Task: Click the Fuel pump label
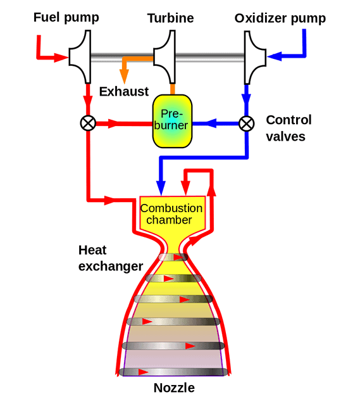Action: pos(66,18)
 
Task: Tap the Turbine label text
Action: pos(171,18)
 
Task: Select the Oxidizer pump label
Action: pos(280,18)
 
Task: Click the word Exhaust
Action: pos(124,91)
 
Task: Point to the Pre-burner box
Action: pos(172,121)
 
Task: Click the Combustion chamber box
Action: pos(172,214)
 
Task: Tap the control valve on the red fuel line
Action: pos(88,123)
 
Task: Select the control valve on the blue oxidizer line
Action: pos(247,123)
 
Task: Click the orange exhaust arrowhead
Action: pos(124,77)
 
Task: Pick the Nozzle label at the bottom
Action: pos(174,388)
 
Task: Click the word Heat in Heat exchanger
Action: pos(92,250)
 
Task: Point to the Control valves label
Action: pos(289,128)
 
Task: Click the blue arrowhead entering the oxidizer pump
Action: pos(274,56)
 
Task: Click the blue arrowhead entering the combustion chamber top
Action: pos(161,188)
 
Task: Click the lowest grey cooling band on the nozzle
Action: pos(173,372)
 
